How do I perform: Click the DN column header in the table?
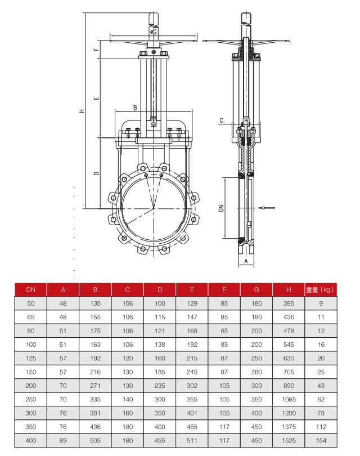coord(31,289)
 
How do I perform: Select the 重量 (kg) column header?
coord(320,289)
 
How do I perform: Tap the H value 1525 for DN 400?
coord(288,441)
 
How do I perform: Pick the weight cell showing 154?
coord(321,441)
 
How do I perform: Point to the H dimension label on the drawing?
coord(82,111)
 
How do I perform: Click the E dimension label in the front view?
coord(97,98)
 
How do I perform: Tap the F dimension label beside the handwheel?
coord(97,50)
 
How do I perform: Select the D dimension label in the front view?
coord(97,173)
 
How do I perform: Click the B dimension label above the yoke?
coord(134,107)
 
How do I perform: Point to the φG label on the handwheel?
coord(154,32)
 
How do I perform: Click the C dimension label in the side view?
coord(222,120)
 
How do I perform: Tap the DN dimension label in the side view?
coord(221,208)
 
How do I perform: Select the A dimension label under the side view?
coord(246,261)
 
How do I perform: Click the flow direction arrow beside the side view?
coord(267,208)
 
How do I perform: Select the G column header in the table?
coord(256,289)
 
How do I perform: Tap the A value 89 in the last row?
coord(64,441)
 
